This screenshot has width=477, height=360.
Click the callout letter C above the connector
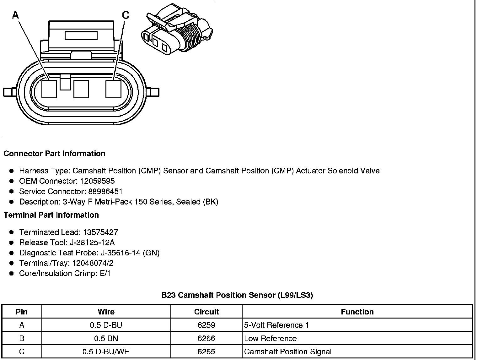125,15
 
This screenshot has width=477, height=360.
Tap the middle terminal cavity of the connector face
81,89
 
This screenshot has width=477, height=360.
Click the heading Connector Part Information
54,154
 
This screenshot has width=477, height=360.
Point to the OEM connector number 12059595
97,181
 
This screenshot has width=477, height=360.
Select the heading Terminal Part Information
51,215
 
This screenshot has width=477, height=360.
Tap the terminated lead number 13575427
100,232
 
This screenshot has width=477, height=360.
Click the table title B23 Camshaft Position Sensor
237,295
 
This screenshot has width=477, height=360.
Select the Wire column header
106,312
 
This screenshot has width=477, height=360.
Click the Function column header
357,312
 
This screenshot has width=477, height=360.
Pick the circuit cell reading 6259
206,325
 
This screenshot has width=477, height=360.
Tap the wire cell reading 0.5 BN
106,339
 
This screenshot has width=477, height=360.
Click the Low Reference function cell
270,339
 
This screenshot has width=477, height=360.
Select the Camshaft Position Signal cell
287,352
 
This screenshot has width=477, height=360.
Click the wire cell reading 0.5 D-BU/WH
106,352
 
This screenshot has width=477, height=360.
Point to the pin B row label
22,339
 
